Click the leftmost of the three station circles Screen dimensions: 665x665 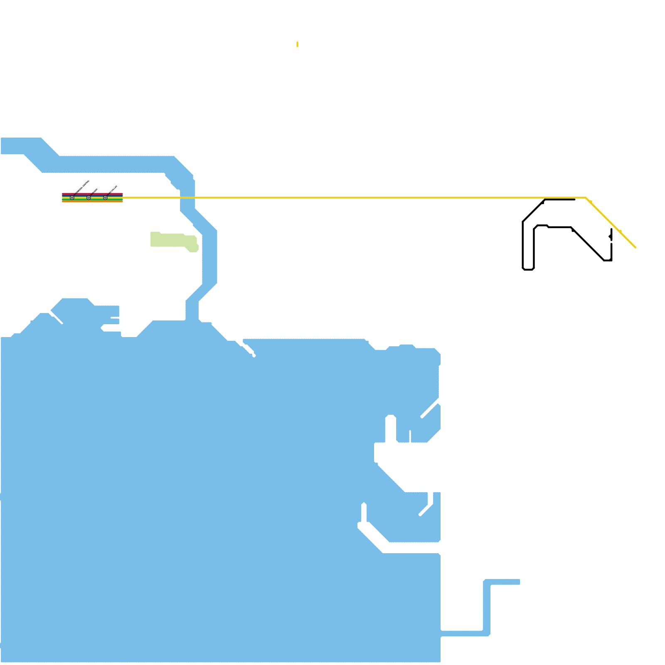point(72,198)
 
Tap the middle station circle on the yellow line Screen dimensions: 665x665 point(89,198)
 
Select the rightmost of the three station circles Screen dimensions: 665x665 point(105,198)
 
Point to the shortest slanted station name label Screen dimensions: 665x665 point(94,191)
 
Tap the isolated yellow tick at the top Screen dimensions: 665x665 point(298,44)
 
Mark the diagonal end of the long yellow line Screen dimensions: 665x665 point(635,247)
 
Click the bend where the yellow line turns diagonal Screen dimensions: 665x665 point(586,197)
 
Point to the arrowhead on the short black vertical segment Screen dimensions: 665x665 point(611,236)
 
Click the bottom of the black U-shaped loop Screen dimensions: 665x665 point(528,269)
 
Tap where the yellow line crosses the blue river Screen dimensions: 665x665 point(187,198)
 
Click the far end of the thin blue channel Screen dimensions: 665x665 point(519,582)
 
